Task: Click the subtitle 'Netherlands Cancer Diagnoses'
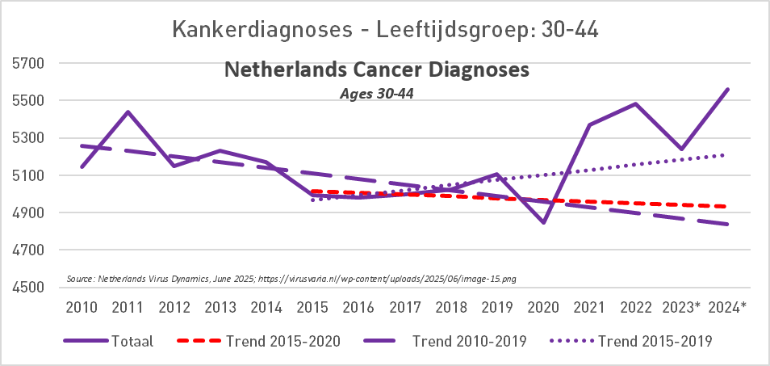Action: pyautogui.click(x=376, y=70)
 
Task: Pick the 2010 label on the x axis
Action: pyautogui.click(x=82, y=307)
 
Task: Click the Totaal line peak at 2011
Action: pyautogui.click(x=128, y=111)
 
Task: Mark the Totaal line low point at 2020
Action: pyautogui.click(x=544, y=222)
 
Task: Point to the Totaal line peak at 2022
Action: pyautogui.click(x=636, y=103)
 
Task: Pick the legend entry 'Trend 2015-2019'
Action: pyautogui.click(x=655, y=341)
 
